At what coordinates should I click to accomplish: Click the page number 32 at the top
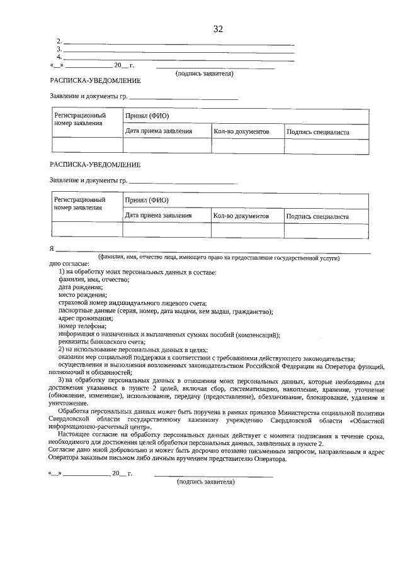coord(219,29)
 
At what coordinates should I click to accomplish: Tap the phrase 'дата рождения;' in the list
coord(81,287)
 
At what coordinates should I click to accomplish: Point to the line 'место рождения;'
coord(82,295)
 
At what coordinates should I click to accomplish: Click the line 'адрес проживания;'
coord(86,319)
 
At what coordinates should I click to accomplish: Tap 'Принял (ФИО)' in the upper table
coord(147,116)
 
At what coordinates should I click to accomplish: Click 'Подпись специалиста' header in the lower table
coord(317,216)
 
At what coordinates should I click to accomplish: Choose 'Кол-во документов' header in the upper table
coord(241,132)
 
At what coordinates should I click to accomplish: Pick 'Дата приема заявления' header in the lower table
coord(159,216)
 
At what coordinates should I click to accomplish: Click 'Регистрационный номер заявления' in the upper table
coord(80,119)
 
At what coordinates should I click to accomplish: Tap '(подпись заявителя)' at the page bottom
coord(206,482)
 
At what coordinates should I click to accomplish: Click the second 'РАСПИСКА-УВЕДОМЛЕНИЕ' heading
coord(95,165)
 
